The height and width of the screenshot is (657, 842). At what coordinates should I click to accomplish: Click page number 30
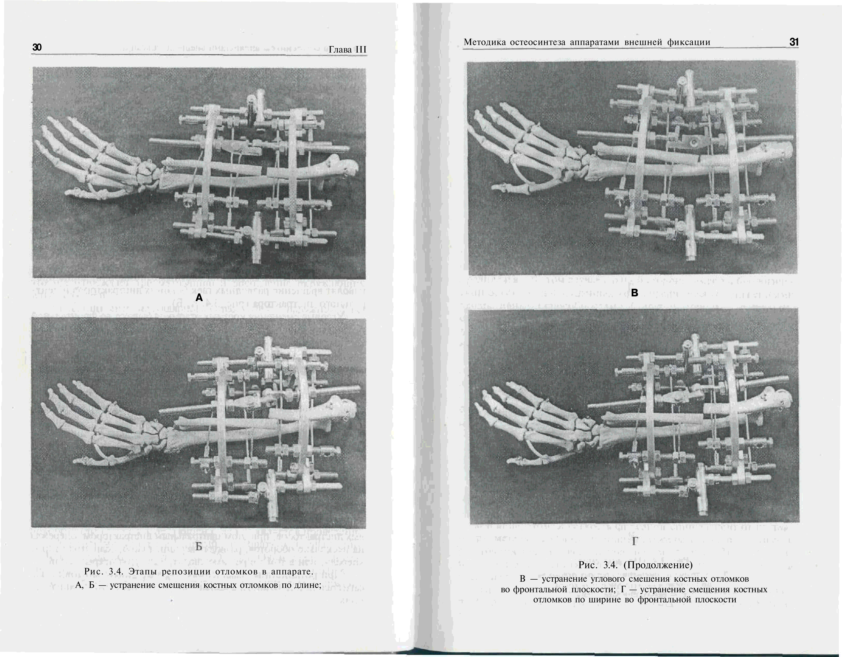point(37,47)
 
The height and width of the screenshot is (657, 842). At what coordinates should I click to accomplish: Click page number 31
point(794,42)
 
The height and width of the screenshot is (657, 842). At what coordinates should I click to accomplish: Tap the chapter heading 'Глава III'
point(347,50)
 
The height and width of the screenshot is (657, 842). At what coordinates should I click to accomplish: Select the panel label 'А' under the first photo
point(199,297)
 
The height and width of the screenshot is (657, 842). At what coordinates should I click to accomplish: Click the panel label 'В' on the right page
point(634,293)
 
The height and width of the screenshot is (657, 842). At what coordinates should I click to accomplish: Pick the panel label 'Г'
point(634,542)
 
